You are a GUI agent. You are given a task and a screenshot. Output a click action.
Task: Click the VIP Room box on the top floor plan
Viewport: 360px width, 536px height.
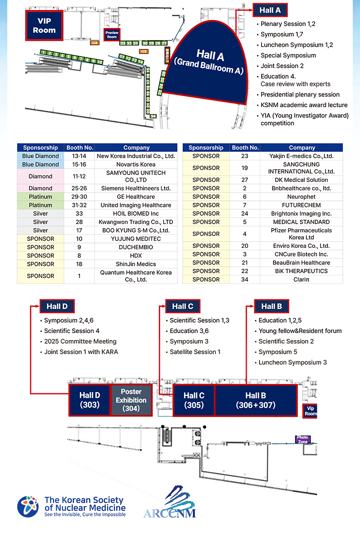pyautogui.click(x=44, y=26)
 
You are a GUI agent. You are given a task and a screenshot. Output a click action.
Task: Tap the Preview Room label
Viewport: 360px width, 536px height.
pyautogui.click(x=112, y=35)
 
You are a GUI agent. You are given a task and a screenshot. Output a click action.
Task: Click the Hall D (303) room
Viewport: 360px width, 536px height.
pyautogui.click(x=90, y=400)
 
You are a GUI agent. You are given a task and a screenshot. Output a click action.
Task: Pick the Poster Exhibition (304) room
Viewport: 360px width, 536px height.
pyautogui.click(x=131, y=400)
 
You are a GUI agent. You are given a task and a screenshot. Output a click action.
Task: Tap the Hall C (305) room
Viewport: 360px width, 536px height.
pyautogui.click(x=194, y=400)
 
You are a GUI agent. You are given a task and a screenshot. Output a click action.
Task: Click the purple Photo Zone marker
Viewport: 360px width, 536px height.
pyautogui.click(x=303, y=439)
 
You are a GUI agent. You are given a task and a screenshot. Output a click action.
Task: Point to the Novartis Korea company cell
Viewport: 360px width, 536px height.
pyautogui.click(x=136, y=164)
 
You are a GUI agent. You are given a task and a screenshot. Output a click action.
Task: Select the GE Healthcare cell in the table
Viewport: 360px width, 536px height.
pyautogui.click(x=136, y=197)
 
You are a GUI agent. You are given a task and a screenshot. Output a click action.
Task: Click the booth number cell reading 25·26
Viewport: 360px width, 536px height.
pyautogui.click(x=79, y=188)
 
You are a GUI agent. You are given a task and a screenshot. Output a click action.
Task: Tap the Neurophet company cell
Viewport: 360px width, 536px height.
pyautogui.click(x=302, y=197)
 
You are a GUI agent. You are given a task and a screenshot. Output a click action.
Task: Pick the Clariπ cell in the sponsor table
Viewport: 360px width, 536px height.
pyautogui.click(x=302, y=279)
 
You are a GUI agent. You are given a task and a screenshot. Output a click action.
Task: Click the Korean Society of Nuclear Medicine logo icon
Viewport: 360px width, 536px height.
pyautogui.click(x=28, y=507)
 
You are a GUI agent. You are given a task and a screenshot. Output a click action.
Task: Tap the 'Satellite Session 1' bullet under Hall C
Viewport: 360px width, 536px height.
pyautogui.click(x=195, y=352)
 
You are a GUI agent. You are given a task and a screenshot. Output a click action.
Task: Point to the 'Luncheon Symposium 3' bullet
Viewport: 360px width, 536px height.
pyautogui.click(x=292, y=362)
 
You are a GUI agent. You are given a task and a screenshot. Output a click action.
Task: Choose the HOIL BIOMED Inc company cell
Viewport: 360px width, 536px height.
pyautogui.click(x=136, y=214)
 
